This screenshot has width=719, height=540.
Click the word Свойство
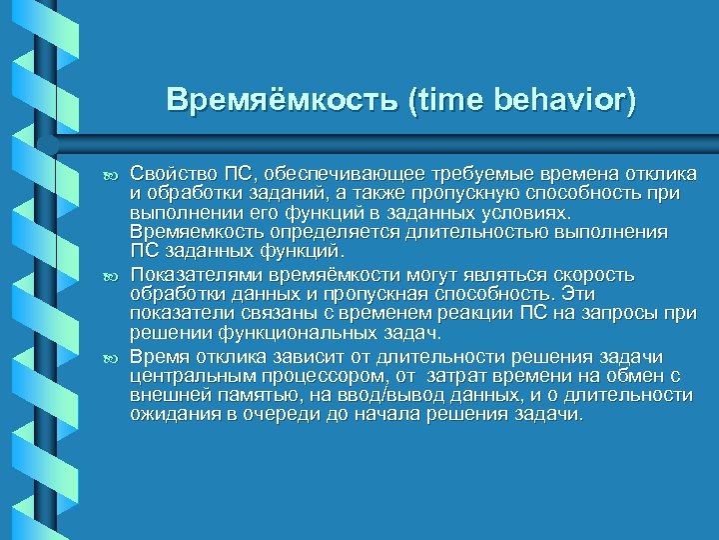pos(172,175)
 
